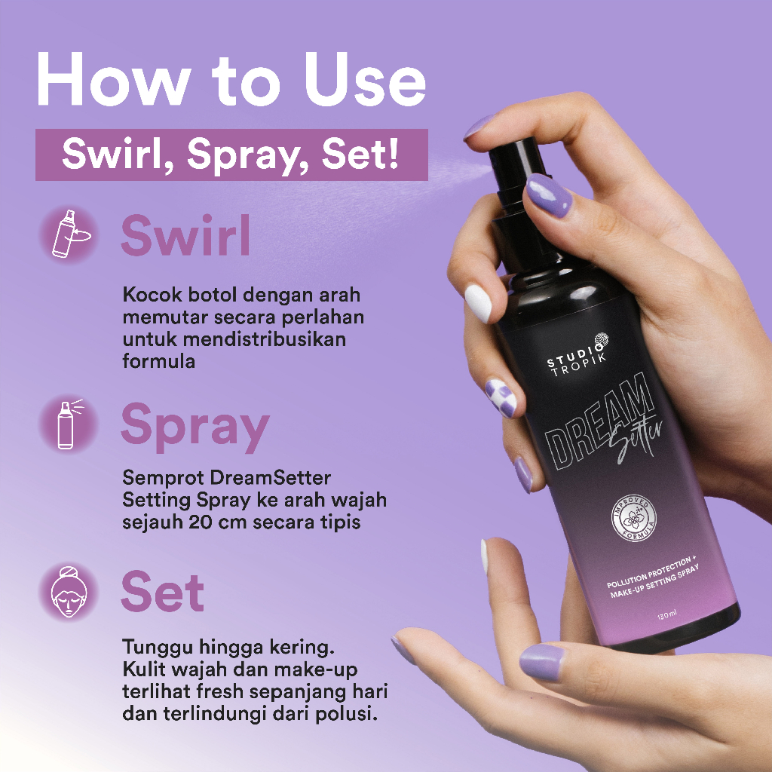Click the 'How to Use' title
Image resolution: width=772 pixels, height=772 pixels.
(231, 78)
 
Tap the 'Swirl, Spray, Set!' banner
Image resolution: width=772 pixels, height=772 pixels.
(231, 155)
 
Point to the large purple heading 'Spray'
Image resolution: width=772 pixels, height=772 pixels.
(195, 427)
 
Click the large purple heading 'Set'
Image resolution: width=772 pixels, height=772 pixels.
(162, 592)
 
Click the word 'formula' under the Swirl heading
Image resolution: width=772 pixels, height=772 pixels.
(158, 360)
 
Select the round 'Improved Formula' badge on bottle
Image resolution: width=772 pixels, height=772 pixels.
(633, 521)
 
